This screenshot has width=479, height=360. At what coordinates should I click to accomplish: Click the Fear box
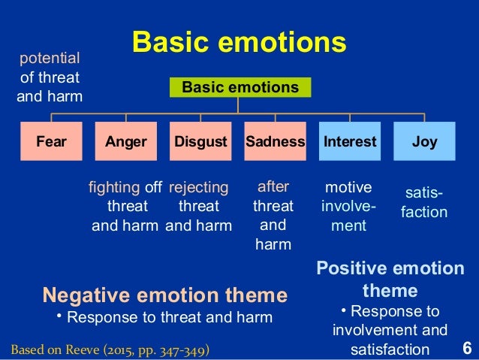pyautogui.click(x=50, y=141)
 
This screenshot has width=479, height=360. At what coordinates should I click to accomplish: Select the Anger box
pyautogui.click(x=125, y=141)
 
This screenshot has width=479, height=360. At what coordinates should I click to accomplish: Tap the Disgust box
pyautogui.click(x=200, y=141)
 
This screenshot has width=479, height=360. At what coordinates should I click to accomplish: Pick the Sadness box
pyautogui.click(x=275, y=141)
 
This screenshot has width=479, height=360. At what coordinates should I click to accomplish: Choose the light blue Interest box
pyautogui.click(x=350, y=141)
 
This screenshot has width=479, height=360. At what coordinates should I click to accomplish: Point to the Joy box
pyautogui.click(x=424, y=141)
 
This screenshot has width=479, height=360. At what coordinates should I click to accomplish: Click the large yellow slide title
pyautogui.click(x=239, y=43)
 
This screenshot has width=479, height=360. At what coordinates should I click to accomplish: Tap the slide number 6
pyautogui.click(x=466, y=349)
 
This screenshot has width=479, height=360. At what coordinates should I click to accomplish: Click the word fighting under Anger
pyautogui.click(x=114, y=188)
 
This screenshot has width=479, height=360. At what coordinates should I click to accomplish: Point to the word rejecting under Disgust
pyautogui.click(x=198, y=188)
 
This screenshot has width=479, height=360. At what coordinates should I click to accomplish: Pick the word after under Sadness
pyautogui.click(x=273, y=186)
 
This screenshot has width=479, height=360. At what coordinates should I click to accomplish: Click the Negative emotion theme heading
pyautogui.click(x=164, y=294)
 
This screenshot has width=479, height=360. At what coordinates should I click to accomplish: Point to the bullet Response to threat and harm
pyautogui.click(x=169, y=318)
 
